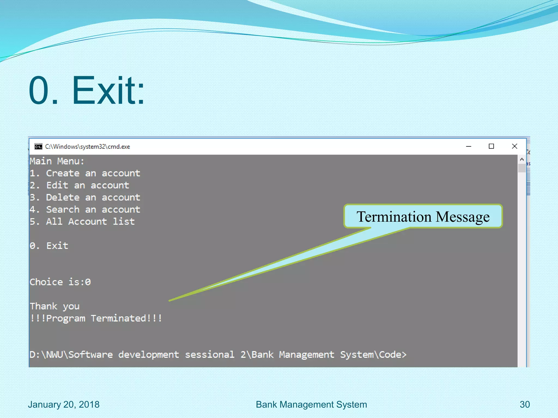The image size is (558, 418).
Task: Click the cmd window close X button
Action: (x=514, y=146)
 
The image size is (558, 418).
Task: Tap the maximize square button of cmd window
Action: (x=491, y=146)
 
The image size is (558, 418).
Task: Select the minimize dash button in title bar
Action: (x=469, y=146)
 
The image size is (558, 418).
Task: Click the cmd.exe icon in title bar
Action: (x=38, y=147)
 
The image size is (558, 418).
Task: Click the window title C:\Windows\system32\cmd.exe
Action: (x=87, y=147)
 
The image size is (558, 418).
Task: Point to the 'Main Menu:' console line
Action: (x=57, y=161)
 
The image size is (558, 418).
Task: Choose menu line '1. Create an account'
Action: (x=85, y=173)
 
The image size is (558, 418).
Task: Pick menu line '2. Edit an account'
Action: (x=79, y=185)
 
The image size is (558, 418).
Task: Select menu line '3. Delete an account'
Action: (x=85, y=198)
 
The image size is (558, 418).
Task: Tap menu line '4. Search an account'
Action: (x=85, y=210)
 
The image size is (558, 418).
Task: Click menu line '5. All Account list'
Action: (x=82, y=222)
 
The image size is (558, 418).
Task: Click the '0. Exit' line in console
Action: (x=49, y=246)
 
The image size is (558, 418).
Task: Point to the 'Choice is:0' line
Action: (x=60, y=282)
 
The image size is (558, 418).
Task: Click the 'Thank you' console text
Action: (x=54, y=306)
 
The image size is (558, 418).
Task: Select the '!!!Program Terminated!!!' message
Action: (x=96, y=318)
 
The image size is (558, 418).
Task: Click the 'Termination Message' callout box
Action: (x=423, y=216)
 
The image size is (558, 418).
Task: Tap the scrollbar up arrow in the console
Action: (x=522, y=159)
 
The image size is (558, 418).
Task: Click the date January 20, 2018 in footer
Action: (x=63, y=405)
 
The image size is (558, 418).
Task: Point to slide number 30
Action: (x=524, y=405)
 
